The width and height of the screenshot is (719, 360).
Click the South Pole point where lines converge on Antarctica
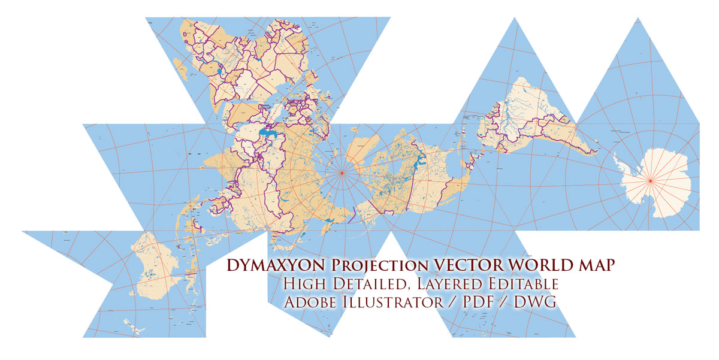pos(649,180)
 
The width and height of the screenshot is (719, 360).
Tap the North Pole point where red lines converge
pos(342,173)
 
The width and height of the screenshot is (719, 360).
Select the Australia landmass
pos(157,267)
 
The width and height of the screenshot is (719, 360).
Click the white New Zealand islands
pos(135,326)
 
